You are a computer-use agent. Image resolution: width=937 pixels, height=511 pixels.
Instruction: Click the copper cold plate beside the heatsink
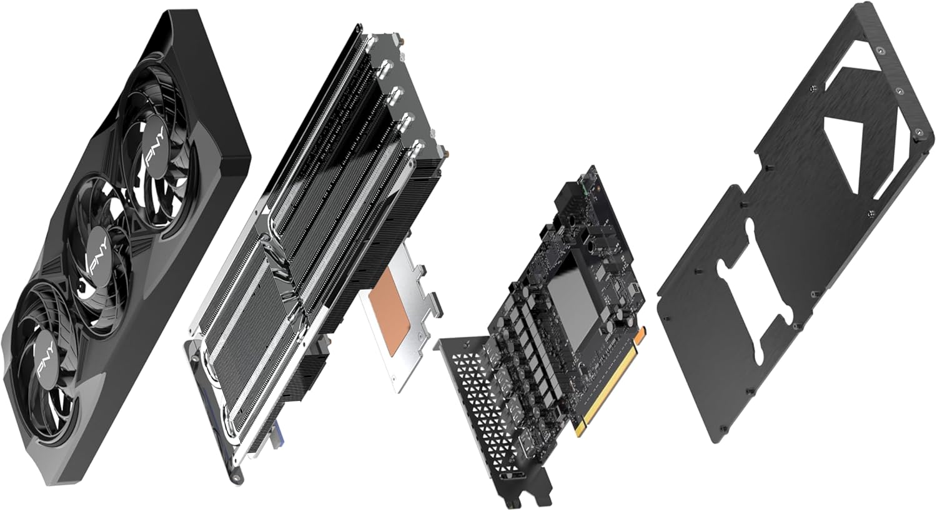[x=392, y=310]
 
